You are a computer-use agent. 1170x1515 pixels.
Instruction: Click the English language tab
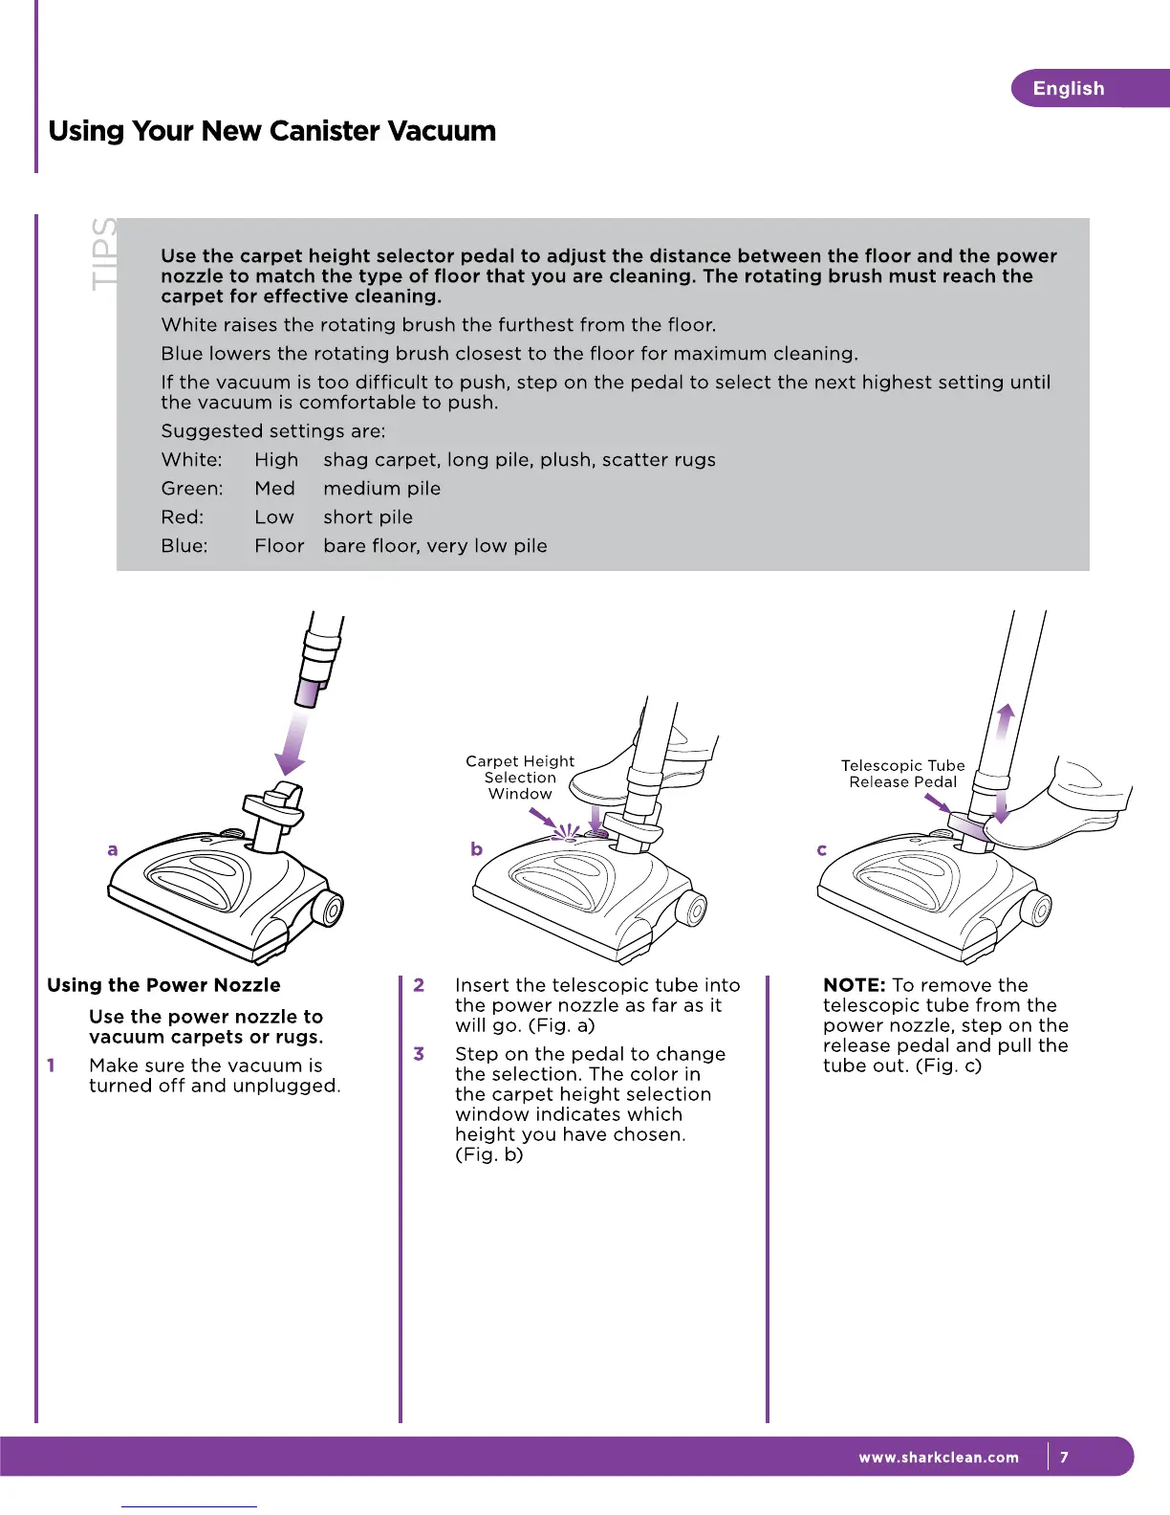1069,89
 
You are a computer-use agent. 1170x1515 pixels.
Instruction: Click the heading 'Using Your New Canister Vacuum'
272,131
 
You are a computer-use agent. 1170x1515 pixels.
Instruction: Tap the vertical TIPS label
103,253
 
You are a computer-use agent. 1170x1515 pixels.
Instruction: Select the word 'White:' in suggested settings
191,460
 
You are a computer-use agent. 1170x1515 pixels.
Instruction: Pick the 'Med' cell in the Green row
274,489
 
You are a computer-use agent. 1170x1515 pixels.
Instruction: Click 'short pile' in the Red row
368,517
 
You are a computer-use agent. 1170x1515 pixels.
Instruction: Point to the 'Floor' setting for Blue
279,546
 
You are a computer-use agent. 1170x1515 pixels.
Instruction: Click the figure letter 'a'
113,849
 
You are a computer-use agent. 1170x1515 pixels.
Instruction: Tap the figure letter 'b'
476,849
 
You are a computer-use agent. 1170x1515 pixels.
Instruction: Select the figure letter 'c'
821,849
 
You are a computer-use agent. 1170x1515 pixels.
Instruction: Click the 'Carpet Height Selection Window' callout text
520,778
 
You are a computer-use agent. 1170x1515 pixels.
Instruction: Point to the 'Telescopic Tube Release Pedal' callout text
903,774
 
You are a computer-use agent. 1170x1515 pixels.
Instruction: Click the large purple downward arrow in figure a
292,742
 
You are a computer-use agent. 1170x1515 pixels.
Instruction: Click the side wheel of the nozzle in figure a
327,910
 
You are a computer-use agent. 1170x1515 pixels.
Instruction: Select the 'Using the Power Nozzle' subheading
163,985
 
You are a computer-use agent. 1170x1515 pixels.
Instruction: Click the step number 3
419,1054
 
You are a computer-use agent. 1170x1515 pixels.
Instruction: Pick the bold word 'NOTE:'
855,985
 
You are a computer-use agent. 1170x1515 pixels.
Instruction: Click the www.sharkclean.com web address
939,1458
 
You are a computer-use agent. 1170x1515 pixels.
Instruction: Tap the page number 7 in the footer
1064,1458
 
